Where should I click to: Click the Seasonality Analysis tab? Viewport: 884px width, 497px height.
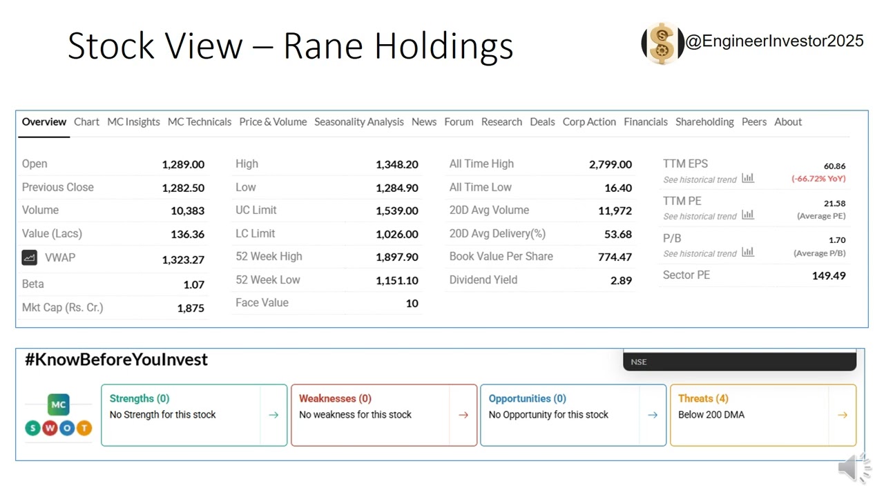[x=358, y=122]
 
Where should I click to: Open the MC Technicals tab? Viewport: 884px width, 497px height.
[x=199, y=122]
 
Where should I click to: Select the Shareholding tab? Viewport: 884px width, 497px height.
[x=704, y=122]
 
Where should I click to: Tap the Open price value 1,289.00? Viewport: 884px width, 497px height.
[x=183, y=164]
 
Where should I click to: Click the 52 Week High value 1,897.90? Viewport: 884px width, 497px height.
[x=396, y=257]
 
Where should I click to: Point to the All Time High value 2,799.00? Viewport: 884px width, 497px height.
[x=610, y=164]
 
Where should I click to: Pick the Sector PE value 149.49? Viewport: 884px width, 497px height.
[x=828, y=275]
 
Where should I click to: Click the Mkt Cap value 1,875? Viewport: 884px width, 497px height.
[x=191, y=309]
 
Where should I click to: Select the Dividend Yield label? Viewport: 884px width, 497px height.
[x=483, y=280]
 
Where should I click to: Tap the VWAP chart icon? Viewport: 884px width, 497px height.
[x=29, y=257]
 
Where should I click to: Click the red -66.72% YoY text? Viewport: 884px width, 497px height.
[x=818, y=179]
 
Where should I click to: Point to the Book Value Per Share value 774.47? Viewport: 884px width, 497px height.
[x=615, y=257]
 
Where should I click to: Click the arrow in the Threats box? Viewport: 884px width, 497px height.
[x=842, y=415]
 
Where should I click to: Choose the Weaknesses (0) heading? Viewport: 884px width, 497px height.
[x=335, y=398]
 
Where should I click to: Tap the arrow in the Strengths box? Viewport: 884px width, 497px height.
[x=273, y=415]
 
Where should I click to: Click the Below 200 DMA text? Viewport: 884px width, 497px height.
[x=711, y=415]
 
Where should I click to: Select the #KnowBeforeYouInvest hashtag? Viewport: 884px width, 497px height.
[x=116, y=360]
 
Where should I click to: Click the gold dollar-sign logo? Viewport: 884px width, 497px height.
[x=662, y=43]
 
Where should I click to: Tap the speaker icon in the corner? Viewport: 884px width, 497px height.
[x=854, y=469]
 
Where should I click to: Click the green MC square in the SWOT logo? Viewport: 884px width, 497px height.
[x=58, y=405]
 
